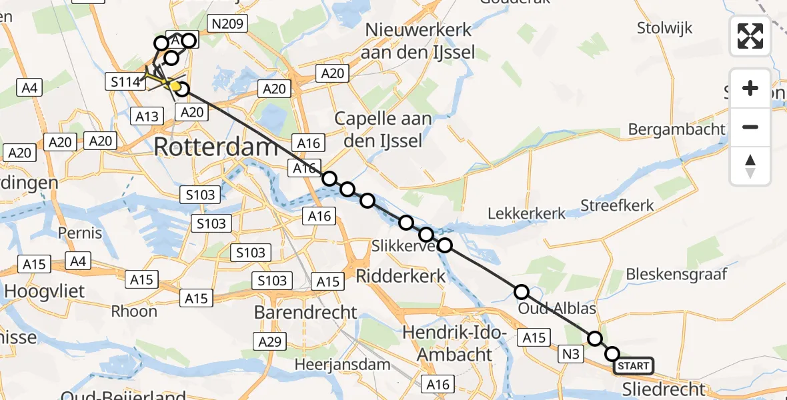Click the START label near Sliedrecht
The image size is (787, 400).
(633, 365)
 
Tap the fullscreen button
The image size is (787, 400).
(750, 36)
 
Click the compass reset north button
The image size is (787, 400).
(750, 166)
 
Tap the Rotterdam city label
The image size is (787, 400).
(215, 147)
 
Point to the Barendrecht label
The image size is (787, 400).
(305, 311)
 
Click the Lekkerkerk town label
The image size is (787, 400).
(527, 214)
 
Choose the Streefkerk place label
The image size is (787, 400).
(618, 205)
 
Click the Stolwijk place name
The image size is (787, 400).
(664, 28)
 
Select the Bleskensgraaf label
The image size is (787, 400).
(676, 274)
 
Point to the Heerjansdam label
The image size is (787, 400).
(343, 364)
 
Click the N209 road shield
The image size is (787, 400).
(227, 24)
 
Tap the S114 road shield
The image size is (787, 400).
(125, 82)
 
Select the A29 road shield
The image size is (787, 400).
(270, 342)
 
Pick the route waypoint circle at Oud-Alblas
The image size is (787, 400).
(522, 292)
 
